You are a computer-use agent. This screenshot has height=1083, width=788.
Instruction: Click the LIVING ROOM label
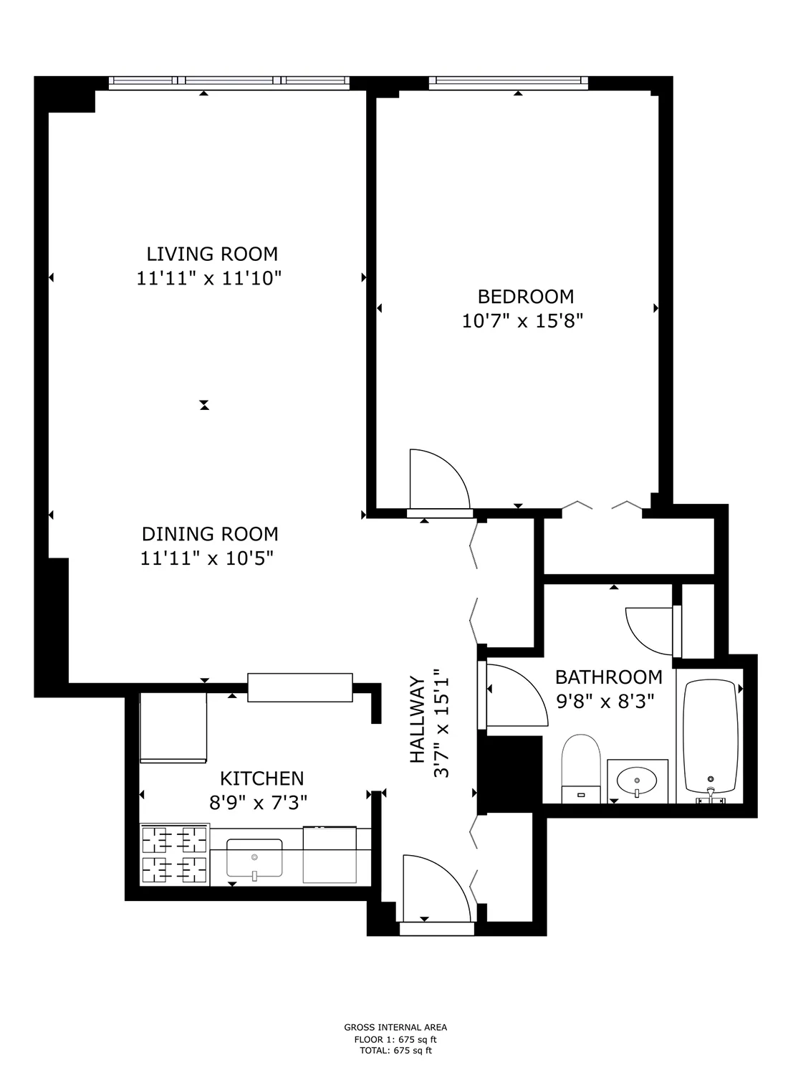tap(212, 254)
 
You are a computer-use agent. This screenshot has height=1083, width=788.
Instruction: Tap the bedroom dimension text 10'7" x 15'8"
tap(523, 320)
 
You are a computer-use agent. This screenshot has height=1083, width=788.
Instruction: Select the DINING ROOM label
tap(210, 534)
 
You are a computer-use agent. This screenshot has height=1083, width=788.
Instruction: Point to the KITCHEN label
tap(261, 778)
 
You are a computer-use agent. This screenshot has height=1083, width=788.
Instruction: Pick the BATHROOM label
tap(609, 677)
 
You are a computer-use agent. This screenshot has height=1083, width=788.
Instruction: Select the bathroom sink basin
tap(637, 779)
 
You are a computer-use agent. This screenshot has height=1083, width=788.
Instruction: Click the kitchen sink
tap(254, 858)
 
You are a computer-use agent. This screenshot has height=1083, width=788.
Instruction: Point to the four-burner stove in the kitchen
tap(174, 854)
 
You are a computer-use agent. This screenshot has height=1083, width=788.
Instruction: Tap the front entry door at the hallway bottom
tap(436, 889)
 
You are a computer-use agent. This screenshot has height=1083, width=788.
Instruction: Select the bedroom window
tap(508, 83)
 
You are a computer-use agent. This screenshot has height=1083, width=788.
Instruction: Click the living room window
tap(229, 83)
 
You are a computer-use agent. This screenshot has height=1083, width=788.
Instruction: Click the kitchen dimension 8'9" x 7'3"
tap(258, 802)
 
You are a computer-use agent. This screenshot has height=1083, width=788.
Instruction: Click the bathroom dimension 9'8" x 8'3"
tap(605, 701)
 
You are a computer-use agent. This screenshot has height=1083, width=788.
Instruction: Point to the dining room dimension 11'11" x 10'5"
tap(208, 558)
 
